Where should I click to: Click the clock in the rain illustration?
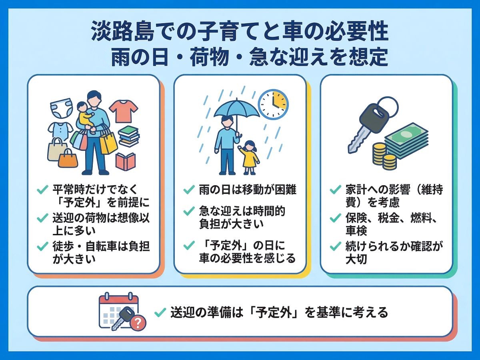[x=273, y=104]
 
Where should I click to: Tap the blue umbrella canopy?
[x=236, y=109]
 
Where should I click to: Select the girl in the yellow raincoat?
[x=249, y=157]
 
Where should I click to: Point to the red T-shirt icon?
[x=124, y=112]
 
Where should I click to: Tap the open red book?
[x=126, y=161]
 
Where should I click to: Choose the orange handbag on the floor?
[x=68, y=158]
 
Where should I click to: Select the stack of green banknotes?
[x=406, y=140]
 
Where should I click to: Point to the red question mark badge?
[x=138, y=323]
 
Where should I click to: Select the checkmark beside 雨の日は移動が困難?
[x=189, y=189]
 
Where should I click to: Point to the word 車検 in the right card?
[x=356, y=231]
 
